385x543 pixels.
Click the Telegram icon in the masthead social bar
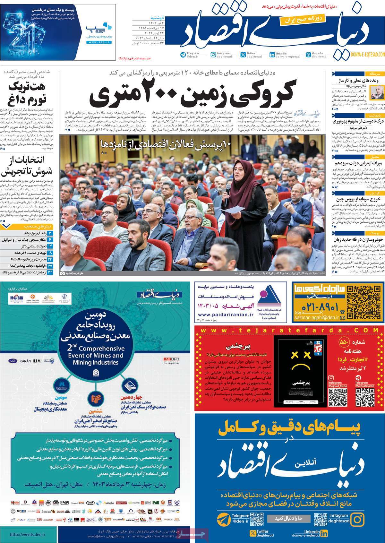183,55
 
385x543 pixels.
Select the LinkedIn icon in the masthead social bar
272,55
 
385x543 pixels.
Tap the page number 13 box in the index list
50,246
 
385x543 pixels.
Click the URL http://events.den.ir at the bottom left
28,534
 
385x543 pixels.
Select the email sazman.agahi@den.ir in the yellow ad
316,318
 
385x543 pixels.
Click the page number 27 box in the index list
50,266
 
